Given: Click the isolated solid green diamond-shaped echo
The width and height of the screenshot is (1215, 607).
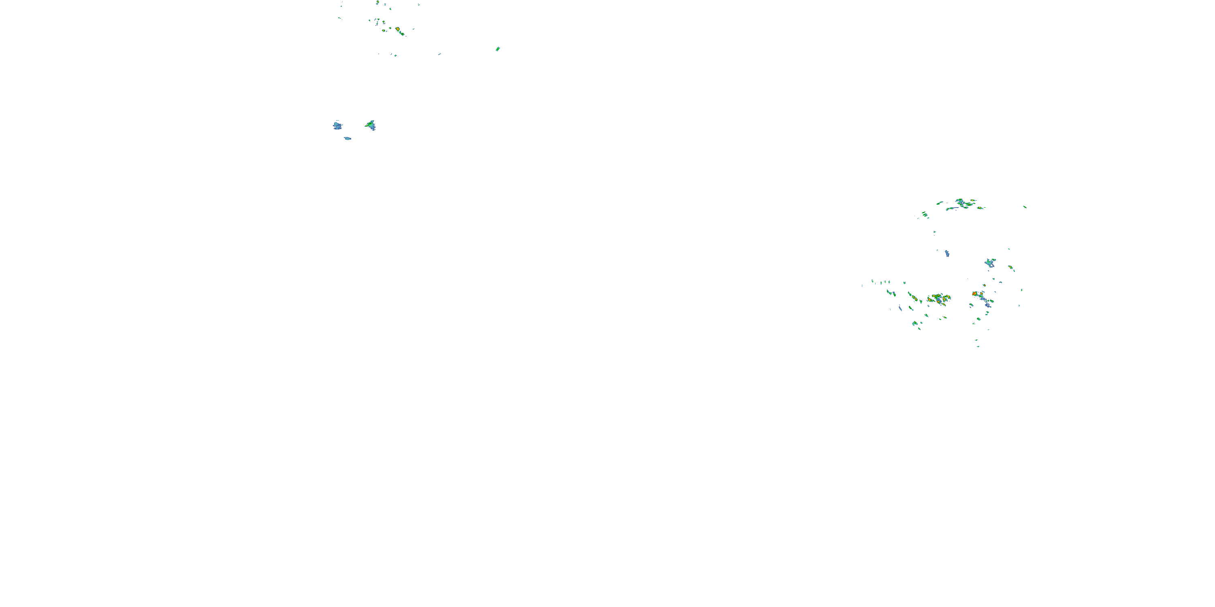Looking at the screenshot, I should click(498, 49).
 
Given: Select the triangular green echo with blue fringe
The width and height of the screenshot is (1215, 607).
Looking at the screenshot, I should click(371, 125).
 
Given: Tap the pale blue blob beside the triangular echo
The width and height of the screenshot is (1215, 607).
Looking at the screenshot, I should click(337, 126).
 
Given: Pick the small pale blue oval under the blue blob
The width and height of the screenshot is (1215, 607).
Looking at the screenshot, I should click(347, 138).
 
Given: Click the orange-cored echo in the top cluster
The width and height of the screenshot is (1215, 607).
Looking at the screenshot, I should click(398, 30).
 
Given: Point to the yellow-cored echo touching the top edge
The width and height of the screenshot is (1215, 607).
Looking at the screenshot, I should click(378, 2).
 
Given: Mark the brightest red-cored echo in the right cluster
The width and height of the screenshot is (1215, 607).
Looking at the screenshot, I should click(974, 294).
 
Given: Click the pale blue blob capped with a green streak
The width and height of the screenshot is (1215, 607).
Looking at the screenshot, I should click(989, 263).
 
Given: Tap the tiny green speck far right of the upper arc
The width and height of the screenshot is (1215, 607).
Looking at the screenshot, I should click(1025, 206).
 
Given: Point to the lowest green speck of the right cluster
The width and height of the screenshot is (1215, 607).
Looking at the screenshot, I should click(978, 346).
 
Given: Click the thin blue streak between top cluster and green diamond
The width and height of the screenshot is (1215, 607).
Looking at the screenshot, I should click(439, 54).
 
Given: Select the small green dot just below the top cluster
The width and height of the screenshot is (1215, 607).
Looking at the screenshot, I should click(395, 55).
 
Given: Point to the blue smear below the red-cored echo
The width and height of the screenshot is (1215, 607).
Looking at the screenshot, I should click(988, 305).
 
